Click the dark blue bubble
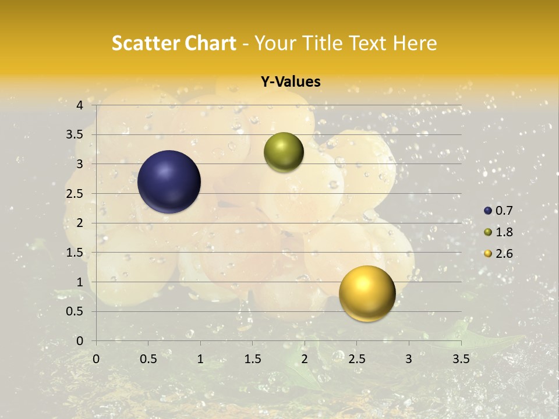pyautogui.click(x=169, y=182)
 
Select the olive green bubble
pyautogui.click(x=284, y=152)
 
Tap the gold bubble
pyautogui.click(x=367, y=293)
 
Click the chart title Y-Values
pyautogui.click(x=290, y=82)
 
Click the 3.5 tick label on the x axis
pyautogui.click(x=461, y=359)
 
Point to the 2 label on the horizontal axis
pyautogui.click(x=305, y=359)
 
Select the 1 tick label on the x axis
pyautogui.click(x=200, y=359)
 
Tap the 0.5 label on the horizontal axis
pyautogui.click(x=148, y=359)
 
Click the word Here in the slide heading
pyautogui.click(x=415, y=44)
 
